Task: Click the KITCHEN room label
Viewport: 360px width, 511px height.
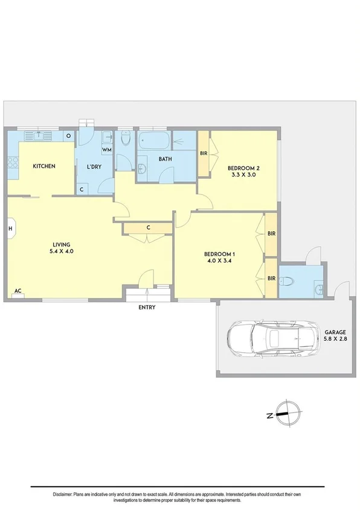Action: click(44, 166)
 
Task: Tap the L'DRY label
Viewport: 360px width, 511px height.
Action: click(94, 166)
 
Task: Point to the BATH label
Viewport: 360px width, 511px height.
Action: click(165, 159)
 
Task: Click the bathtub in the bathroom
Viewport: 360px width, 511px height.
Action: click(153, 141)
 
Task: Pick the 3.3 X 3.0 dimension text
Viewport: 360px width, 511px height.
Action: click(243, 176)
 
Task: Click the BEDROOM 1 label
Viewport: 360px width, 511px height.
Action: click(220, 254)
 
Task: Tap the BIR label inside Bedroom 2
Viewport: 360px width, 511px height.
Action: click(204, 153)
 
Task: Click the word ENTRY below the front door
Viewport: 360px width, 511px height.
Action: click(147, 307)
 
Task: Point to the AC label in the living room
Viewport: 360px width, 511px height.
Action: click(18, 291)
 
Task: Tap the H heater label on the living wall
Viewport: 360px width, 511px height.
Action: click(10, 228)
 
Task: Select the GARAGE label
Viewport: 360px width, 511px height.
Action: click(335, 332)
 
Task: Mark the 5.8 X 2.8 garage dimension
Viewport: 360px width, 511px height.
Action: click(335, 339)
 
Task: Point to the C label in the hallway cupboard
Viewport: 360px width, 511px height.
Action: click(148, 228)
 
